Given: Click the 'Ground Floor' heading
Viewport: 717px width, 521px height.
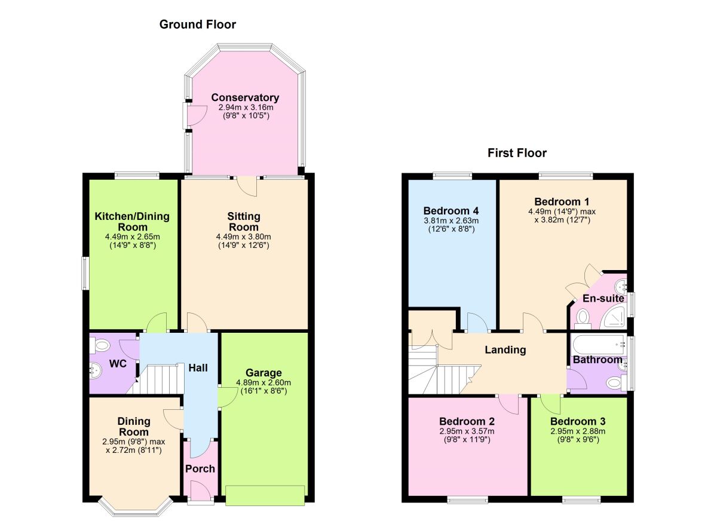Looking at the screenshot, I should tap(197, 24).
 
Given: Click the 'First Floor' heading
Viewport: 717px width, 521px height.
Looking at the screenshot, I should tap(516, 153).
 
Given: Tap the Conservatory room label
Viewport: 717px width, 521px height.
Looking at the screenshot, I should tap(245, 97).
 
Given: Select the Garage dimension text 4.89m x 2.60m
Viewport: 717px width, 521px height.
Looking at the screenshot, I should tap(263, 383).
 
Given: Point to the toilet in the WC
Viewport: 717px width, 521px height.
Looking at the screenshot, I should tap(99, 345).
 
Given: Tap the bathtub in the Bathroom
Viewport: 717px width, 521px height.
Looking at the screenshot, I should tap(598, 345).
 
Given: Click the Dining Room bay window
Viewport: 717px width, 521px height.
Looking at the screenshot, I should tap(136, 507).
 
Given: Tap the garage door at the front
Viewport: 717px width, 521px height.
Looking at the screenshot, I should tap(265, 494).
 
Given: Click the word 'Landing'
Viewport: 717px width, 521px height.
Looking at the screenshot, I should tap(505, 350).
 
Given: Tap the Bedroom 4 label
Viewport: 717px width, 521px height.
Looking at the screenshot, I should tap(451, 211).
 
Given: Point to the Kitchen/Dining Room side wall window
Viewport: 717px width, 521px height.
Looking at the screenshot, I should tap(85, 273).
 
